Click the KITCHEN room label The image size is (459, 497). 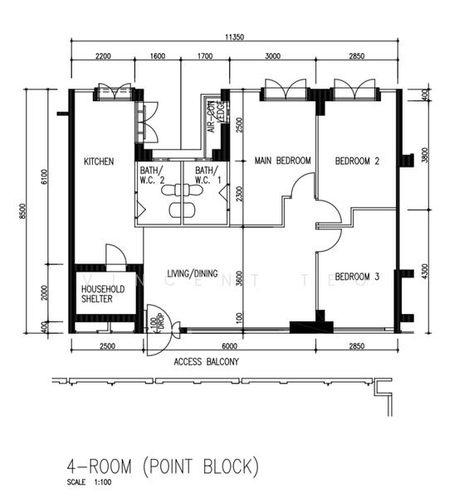pos(99,162)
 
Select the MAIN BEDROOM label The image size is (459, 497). pos(282,161)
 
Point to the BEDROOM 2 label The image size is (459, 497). pos(357,162)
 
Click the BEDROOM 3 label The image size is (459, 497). pos(357,277)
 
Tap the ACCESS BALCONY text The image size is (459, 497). pos(206,362)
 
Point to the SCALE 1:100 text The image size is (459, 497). pos(89,482)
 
